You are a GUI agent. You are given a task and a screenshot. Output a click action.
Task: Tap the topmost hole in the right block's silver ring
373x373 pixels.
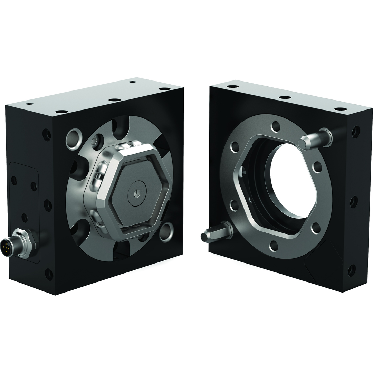click(x=275, y=126)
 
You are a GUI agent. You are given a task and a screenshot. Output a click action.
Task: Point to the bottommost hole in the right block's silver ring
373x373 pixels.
click(x=274, y=246)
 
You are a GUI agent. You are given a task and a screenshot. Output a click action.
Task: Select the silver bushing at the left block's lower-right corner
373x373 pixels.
click(x=166, y=232)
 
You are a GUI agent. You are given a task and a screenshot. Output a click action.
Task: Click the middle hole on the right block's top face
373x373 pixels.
click(x=285, y=97)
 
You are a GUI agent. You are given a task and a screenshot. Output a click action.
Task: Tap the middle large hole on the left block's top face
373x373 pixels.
click(x=114, y=100)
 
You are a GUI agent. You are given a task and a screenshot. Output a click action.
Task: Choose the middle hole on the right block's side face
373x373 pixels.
click(x=353, y=202)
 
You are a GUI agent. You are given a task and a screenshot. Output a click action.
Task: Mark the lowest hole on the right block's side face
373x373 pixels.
click(x=352, y=270)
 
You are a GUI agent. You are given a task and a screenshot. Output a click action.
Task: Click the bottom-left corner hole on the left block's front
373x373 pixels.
click(x=49, y=274)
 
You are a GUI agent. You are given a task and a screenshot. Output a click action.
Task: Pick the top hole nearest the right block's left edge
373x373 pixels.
click(x=232, y=86)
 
